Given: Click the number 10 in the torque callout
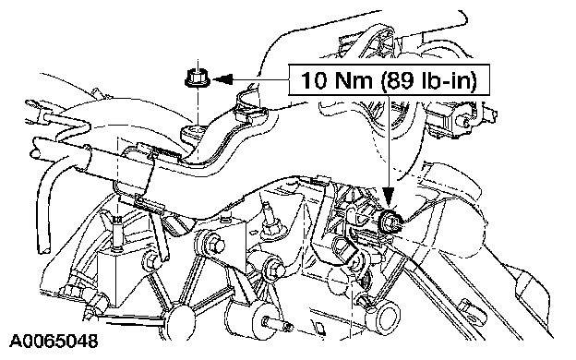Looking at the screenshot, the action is (314, 79).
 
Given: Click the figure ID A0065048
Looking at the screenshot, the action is (54, 342).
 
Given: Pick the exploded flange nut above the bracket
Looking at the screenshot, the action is (198, 78).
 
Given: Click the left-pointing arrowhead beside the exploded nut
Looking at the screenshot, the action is (223, 78).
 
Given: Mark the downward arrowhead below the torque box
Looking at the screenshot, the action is (389, 197).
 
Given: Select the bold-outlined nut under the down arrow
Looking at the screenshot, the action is (390, 222).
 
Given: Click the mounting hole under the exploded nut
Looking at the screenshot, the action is (194, 130).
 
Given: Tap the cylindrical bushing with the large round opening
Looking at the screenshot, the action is (385, 318).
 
